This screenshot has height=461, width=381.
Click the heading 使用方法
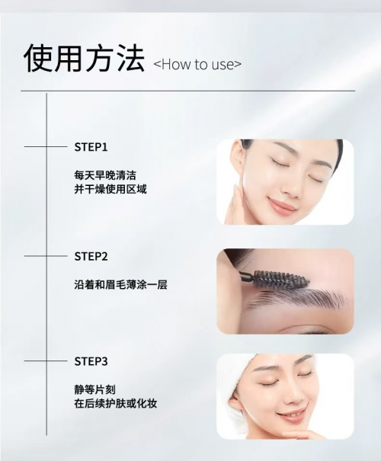coord(84,59)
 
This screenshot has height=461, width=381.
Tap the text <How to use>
coord(197,65)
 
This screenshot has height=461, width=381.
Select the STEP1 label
coord(91,145)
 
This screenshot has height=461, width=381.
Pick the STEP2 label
coord(91,256)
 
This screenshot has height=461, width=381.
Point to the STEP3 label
coord(91,360)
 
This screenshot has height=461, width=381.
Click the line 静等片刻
coord(95,389)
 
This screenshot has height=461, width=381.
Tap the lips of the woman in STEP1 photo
coord(283,205)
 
